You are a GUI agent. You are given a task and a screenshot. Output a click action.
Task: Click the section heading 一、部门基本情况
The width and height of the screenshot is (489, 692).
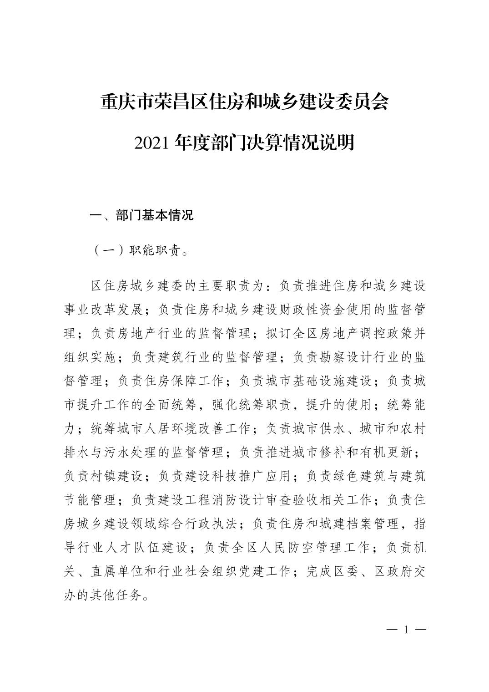[142, 215]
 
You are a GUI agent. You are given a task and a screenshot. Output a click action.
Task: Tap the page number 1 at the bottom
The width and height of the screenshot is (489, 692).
[406, 630]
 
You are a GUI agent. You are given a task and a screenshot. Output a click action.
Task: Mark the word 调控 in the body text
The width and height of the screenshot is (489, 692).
[353, 333]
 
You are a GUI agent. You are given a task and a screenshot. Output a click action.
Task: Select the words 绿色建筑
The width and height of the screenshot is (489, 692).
[352, 476]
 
